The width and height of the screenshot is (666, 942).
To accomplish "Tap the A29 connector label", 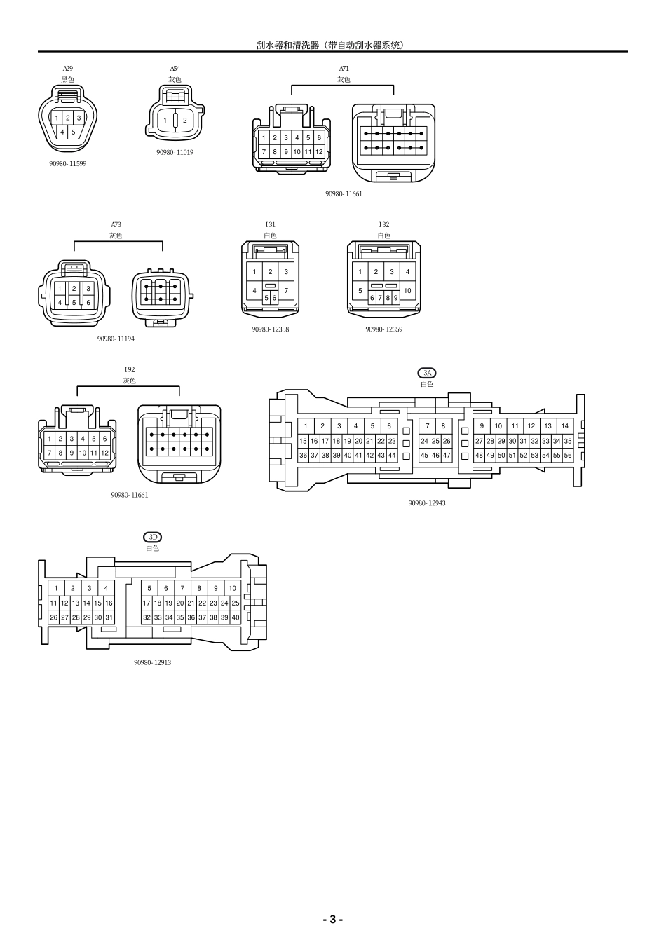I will pyautogui.click(x=67, y=69).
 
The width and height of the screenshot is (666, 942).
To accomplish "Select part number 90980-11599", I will pyautogui.click(x=68, y=163).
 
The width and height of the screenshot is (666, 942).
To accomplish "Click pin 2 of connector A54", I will pyautogui.click(x=185, y=120).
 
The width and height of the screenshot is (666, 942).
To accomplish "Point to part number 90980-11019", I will pyautogui.click(x=175, y=152).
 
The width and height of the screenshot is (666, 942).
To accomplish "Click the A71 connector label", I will pyautogui.click(x=344, y=69).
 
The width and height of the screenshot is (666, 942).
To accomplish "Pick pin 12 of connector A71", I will pyautogui.click(x=319, y=151).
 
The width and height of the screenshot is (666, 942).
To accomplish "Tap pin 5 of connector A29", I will pyautogui.click(x=73, y=132).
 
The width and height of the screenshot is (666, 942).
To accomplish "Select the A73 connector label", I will pyautogui.click(x=116, y=225).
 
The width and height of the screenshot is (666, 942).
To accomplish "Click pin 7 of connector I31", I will pyautogui.click(x=286, y=290).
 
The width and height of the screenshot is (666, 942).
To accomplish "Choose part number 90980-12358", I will pyautogui.click(x=270, y=329).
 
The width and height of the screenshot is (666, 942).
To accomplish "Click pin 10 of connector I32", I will pyautogui.click(x=407, y=290).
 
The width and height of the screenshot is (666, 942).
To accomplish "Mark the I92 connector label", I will pyautogui.click(x=129, y=369).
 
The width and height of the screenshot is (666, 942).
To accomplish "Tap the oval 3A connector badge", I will pyautogui.click(x=426, y=374).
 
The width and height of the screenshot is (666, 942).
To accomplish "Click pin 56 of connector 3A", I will pyautogui.click(x=568, y=456).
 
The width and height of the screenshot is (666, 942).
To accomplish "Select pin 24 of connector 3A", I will pyautogui.click(x=424, y=441).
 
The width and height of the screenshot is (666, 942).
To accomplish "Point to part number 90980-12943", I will pyautogui.click(x=427, y=503).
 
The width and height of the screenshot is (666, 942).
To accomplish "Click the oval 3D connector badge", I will pyautogui.click(x=152, y=538).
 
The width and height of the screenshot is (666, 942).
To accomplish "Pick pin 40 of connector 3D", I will pyautogui.click(x=236, y=617).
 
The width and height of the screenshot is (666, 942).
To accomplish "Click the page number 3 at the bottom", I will pyautogui.click(x=332, y=919).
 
